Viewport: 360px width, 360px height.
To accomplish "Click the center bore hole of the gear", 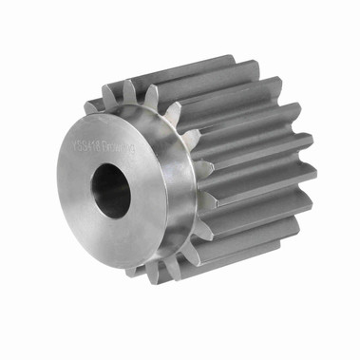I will (112, 192).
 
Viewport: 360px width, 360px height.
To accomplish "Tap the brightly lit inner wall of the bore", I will (121, 195).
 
